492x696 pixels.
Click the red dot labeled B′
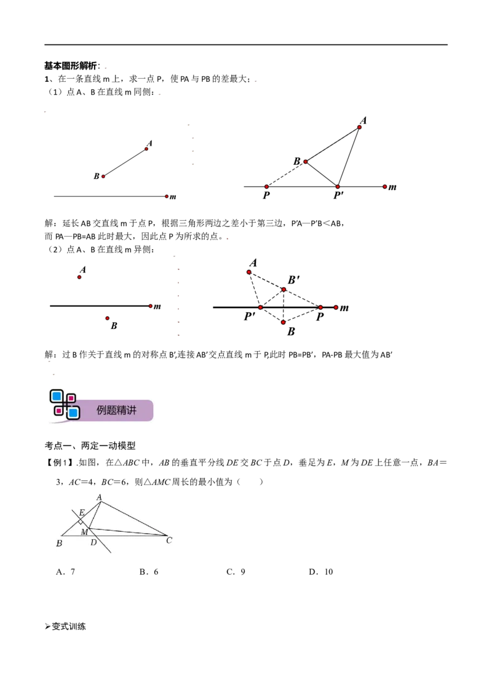[x=284, y=290]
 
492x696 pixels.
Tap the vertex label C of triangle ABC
[x=169, y=540]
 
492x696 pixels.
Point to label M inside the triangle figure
[x=84, y=532]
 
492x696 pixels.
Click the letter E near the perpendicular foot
[x=82, y=513]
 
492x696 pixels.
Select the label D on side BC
[x=93, y=542]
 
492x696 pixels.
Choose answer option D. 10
[x=320, y=572]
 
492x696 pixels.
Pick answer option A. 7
[x=65, y=572]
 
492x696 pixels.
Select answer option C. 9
[x=236, y=572]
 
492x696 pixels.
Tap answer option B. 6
[x=149, y=572]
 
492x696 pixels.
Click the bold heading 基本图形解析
[x=71, y=66]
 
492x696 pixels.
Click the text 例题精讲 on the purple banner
[x=116, y=410]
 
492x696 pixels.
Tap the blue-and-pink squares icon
[x=65, y=405]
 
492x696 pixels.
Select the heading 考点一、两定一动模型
[x=90, y=446]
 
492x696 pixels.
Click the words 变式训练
[x=69, y=627]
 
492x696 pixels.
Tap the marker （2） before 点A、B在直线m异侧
[x=55, y=250]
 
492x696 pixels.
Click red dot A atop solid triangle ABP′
[x=359, y=127]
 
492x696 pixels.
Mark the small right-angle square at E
[x=81, y=521]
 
